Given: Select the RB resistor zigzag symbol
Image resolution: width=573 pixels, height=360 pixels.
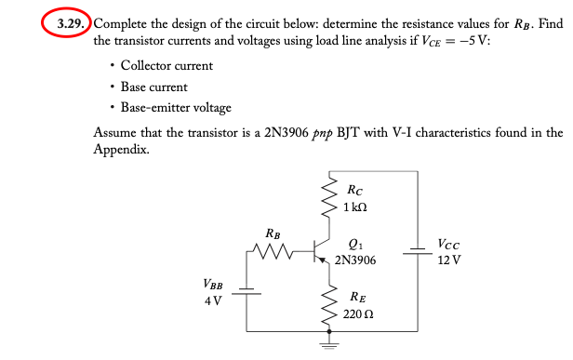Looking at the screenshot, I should [x=272, y=251].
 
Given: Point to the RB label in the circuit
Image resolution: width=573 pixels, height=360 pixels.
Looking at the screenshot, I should [x=272, y=233].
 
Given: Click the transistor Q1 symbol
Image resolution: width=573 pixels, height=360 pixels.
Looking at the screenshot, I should [x=320, y=251].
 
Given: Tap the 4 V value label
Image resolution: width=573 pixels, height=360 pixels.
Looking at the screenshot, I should [x=213, y=300].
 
